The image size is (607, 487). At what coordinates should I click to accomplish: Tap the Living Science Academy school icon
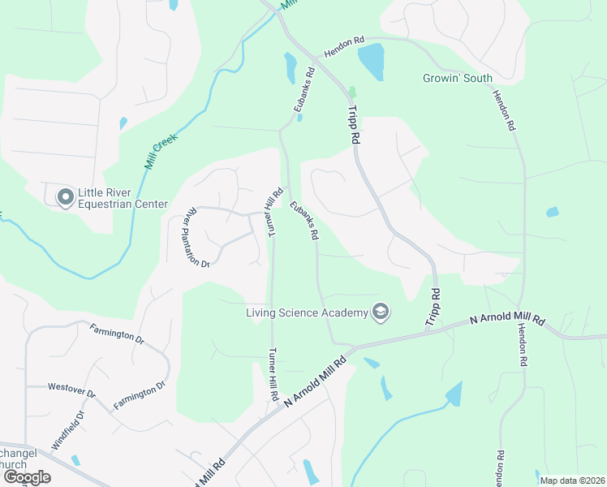[380, 312]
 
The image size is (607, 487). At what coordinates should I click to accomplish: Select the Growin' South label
[457, 79]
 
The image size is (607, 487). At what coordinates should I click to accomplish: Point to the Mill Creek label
[161, 151]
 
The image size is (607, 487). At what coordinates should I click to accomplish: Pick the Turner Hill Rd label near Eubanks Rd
[273, 212]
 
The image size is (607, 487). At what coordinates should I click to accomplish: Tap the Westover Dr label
[71, 391]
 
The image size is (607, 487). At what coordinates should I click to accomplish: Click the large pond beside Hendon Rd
[371, 60]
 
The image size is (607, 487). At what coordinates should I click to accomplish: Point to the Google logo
[27, 476]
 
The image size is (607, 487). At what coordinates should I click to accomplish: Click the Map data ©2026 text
[572, 480]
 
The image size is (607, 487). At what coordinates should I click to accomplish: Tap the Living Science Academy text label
[308, 312]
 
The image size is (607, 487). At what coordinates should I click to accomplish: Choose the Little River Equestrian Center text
[123, 198]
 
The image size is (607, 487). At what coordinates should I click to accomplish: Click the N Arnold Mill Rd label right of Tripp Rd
[507, 320]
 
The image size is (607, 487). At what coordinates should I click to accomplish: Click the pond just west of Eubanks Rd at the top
[290, 67]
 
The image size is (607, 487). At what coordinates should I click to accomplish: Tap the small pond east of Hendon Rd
[553, 212]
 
